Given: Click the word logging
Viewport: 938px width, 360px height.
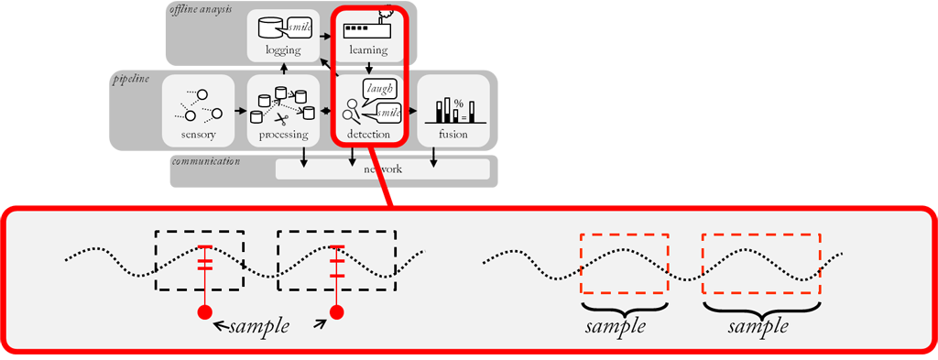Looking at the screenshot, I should point(282,49).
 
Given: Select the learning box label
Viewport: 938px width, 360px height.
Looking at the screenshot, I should point(368,49).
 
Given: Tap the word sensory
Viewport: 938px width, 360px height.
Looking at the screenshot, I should point(198,135).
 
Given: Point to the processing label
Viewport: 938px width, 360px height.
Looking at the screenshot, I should point(282,135).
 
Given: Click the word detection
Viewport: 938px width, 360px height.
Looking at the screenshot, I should point(368,135).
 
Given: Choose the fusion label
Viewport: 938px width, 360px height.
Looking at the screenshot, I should point(453,135).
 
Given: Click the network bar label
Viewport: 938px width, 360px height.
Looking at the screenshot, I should point(383,169).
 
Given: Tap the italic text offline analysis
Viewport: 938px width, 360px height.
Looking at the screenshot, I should point(201,9).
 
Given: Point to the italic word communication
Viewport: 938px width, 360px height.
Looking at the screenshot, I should point(205,161).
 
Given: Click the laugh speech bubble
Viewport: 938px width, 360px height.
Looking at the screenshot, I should point(379,89).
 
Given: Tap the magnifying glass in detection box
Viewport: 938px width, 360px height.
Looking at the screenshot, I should point(349,116).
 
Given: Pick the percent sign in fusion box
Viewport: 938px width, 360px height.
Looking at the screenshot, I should point(458,102).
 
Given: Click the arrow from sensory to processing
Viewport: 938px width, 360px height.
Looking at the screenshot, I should point(240,112).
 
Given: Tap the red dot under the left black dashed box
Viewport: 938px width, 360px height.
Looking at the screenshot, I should point(204,312).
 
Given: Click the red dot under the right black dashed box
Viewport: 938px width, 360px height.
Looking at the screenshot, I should point(336,312).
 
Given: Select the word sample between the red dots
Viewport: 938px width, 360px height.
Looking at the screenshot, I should point(259,326).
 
